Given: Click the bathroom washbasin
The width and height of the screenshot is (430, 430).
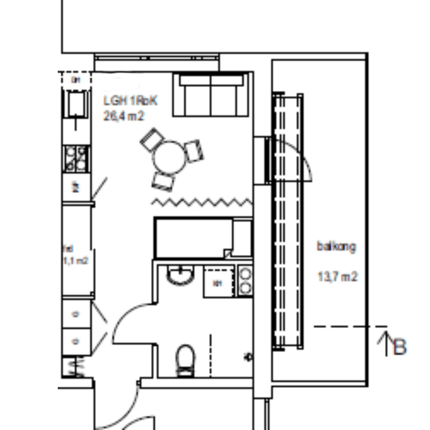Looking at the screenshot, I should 181,276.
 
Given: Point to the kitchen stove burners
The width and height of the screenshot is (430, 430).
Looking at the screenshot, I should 76,159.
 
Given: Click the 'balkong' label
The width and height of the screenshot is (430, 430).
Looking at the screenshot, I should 336,246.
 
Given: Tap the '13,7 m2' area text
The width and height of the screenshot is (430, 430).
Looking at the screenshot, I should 338,276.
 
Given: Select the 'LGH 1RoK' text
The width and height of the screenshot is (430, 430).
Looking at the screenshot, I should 131,101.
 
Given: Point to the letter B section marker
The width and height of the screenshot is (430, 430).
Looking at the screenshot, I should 400,347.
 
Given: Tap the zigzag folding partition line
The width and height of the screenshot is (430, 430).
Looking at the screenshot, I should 202,202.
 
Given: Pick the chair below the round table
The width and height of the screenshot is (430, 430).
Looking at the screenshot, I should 163,182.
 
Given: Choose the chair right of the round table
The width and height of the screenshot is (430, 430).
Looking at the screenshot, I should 195,151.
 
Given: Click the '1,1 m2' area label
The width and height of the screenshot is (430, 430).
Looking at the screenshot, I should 75,261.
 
